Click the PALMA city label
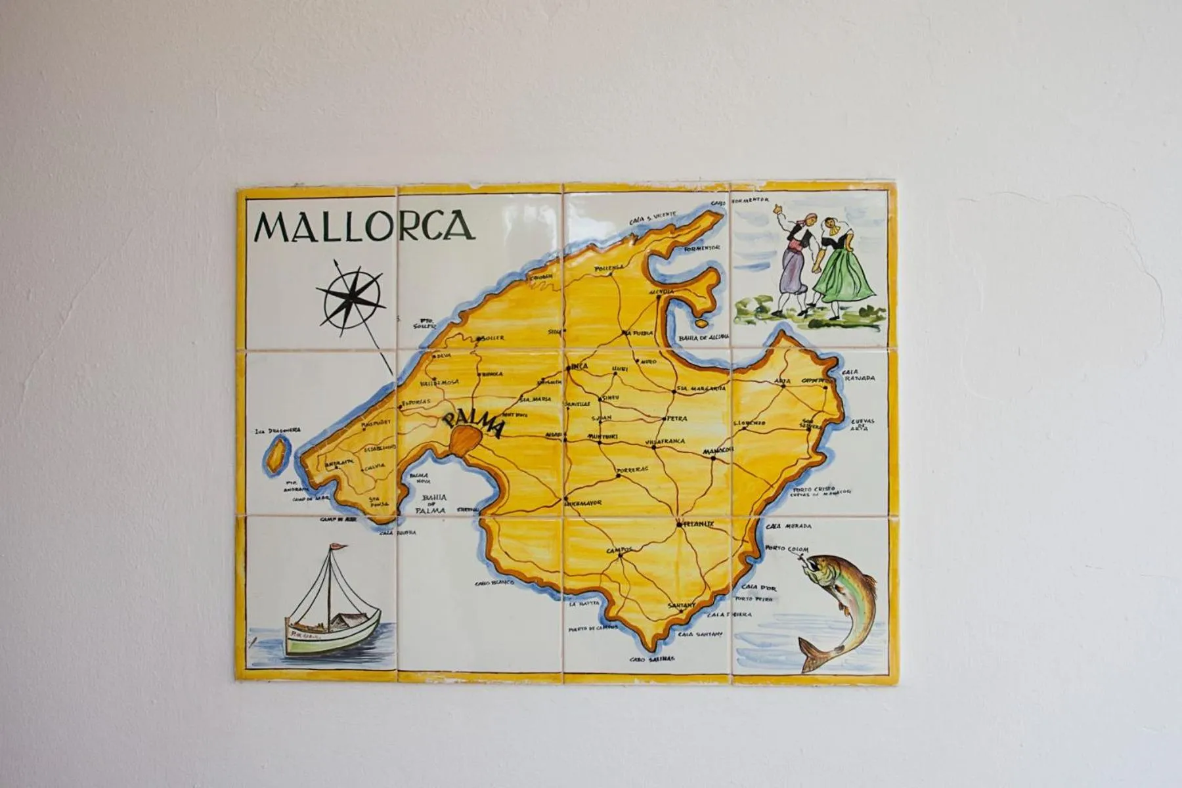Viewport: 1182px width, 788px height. [x=473, y=424]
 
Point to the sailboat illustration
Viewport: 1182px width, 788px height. [x=331, y=604]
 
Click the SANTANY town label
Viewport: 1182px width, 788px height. [x=682, y=605]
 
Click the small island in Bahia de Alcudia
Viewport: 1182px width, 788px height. [x=701, y=323]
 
